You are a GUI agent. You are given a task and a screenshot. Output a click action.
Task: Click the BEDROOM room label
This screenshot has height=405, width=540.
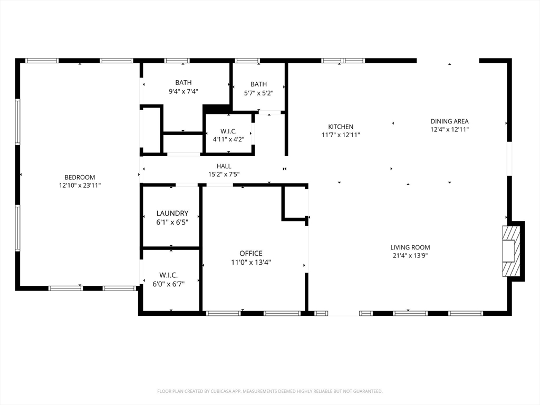tap(80, 177)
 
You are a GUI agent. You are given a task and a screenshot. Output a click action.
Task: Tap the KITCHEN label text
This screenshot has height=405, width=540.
tap(341, 127)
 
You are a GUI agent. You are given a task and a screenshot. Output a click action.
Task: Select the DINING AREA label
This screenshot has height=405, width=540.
tap(449, 121)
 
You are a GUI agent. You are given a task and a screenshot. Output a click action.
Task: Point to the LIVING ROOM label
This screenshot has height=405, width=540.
tap(410, 247)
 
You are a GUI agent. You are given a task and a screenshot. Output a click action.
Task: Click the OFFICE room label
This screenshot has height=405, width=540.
tap(251, 254)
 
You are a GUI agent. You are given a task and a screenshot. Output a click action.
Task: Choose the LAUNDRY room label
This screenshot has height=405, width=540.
tap(172, 213)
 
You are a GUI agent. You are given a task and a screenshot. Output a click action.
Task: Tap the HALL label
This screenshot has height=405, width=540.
tap(224, 166)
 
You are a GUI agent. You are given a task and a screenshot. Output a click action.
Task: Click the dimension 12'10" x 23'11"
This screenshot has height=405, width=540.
tap(80, 186)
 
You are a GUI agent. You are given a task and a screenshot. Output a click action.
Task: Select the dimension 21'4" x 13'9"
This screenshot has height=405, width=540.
tap(410, 256)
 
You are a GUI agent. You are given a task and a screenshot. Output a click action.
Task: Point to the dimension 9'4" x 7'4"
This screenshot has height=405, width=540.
tap(183, 91)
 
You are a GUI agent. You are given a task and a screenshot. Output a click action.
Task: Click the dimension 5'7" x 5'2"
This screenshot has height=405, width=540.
tap(258, 93)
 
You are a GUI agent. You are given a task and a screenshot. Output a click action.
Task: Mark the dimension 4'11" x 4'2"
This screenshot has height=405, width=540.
tap(229, 139)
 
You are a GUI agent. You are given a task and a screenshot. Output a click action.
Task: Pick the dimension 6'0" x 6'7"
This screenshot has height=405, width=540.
tap(169, 284)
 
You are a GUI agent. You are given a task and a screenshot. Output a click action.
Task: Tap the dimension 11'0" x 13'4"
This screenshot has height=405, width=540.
tap(251, 263)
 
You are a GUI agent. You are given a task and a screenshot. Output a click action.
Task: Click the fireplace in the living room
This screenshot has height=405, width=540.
tap(509, 251)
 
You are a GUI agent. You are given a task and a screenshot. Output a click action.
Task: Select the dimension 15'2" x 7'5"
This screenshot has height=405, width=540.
tap(224, 175)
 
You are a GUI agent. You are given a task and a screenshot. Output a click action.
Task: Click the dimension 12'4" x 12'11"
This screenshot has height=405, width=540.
tap(449, 130)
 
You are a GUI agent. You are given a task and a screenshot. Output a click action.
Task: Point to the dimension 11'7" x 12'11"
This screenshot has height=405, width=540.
tap(341, 135)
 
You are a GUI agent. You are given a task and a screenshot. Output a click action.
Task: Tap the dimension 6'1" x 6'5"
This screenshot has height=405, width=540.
tap(172, 223)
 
